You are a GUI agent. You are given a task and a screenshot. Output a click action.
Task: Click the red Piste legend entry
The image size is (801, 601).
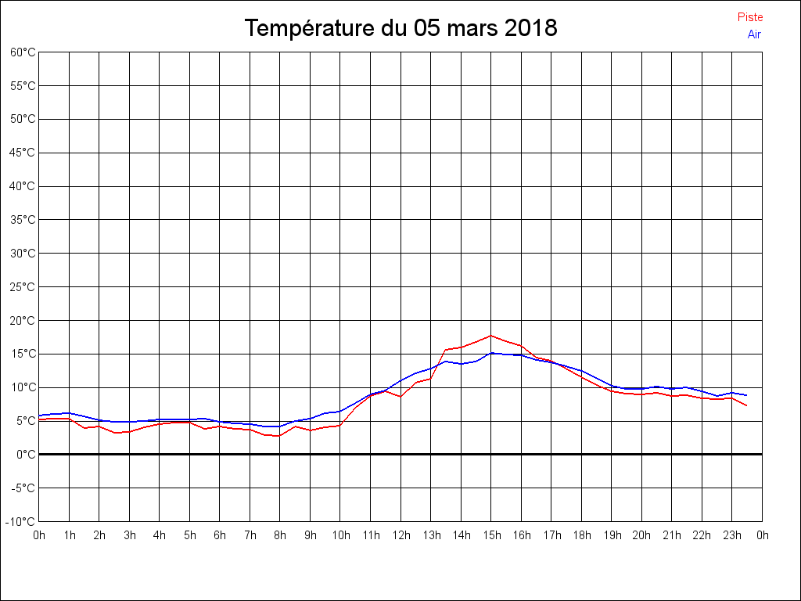pos(749,17)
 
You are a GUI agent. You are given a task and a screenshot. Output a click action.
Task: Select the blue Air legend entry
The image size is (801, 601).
pos(754,34)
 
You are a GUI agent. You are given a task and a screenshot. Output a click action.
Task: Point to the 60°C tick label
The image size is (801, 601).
pos(23,52)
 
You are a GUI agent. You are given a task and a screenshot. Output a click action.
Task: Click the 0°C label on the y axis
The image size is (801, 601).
pos(26,455)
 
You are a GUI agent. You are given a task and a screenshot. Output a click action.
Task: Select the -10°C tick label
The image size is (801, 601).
pos(21,522)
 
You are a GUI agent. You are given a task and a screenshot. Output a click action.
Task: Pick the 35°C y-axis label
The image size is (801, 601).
pos(23,220)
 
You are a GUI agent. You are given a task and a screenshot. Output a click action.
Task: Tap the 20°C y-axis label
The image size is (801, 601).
pos(23,321)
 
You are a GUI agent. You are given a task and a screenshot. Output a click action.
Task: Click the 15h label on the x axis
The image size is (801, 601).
pos(491,536)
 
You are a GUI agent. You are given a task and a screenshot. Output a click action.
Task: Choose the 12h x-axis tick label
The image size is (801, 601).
pos(400,536)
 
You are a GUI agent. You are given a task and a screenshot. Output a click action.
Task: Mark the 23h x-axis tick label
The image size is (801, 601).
pos(732,536)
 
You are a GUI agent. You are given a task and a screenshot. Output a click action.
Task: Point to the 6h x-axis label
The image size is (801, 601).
pos(220,536)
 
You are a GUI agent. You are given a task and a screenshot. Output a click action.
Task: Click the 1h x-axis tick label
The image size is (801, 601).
pos(69,536)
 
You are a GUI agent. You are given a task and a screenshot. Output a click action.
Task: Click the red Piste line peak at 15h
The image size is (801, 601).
pos(491,336)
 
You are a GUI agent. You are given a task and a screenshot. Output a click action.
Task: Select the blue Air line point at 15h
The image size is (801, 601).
pos(491,353)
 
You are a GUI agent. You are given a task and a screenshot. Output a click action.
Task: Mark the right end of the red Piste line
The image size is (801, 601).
pos(747,405)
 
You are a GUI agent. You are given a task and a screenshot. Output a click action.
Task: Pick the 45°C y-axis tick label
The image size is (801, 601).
pos(23,153)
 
